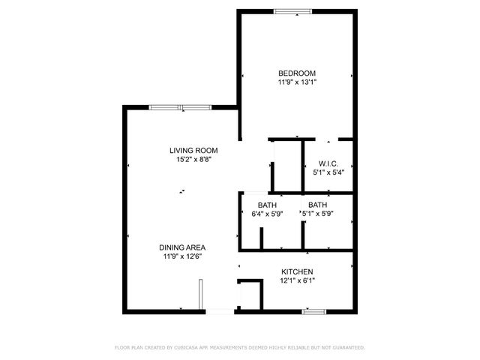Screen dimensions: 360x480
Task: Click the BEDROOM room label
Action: pos(297,73)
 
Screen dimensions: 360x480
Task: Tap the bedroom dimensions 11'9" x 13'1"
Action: pos(297,82)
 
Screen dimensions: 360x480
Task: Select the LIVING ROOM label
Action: pos(193,150)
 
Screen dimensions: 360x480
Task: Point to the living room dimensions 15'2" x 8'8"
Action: pos(193,160)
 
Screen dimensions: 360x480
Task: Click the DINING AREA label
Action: pos(182,247)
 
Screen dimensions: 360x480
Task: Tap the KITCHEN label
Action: pos(297,271)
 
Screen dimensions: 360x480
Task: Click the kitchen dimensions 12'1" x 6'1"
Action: pos(297,281)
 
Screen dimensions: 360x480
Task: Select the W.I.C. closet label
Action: pos(328,163)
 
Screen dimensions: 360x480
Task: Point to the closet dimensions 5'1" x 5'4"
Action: pos(328,172)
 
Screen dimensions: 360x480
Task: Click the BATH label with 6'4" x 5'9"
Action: pos(267,205)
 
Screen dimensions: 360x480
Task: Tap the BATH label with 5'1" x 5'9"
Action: pos(317,205)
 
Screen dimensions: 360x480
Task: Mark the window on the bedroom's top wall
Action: pos(293,11)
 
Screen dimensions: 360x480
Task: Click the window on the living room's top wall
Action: pos(179,107)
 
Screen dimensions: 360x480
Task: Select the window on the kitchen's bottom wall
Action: pos(313,310)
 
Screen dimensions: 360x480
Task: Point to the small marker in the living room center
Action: pos(181,192)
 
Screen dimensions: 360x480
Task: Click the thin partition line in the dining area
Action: pos(200,294)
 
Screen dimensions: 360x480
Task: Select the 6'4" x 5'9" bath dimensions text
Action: pos(267,214)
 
